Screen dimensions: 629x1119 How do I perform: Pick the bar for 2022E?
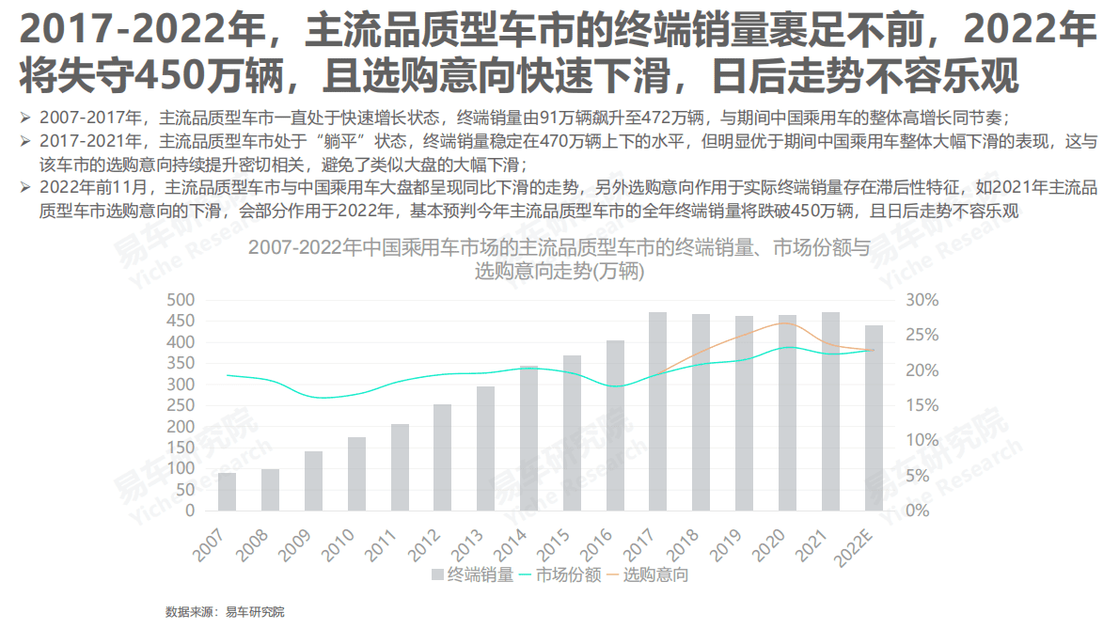pos(875,418)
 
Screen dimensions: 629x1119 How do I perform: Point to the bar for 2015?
pos(572,433)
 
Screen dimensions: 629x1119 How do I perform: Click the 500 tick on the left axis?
pos(180,300)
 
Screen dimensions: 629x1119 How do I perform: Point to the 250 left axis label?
pos(180,405)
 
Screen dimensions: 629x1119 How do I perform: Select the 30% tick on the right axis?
pos(923,300)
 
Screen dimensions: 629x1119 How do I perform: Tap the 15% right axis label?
pos(923,405)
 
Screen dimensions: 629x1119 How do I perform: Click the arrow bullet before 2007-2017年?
pos(25,118)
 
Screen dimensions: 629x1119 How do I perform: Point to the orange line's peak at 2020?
pos(786,322)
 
